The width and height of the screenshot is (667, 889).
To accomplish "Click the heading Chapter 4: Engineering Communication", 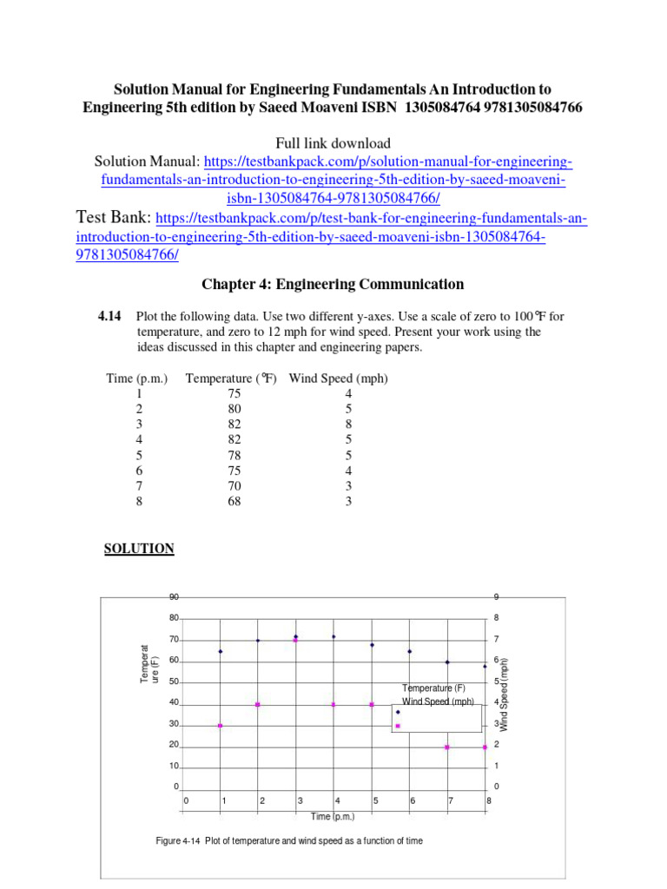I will coord(333,284).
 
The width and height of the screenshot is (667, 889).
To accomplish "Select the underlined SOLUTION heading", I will coord(139,549).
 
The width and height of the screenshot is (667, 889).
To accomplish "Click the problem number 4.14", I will coord(112,316).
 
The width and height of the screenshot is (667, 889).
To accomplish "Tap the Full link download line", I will coord(333,143).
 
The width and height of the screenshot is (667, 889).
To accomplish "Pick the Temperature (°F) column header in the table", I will coord(230,379).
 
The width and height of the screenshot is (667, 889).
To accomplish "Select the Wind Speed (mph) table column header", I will coord(338,379).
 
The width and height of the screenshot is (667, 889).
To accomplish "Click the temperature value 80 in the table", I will coord(234,409).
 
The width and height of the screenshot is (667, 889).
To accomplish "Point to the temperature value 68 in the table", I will coord(234,501).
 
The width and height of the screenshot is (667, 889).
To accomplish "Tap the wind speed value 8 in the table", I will coord(348,425).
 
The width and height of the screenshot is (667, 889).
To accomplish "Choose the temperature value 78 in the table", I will coord(234,455).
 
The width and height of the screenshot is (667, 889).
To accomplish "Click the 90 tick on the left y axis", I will coord(174,597).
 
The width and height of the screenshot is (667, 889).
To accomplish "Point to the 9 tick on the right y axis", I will coord(496,597).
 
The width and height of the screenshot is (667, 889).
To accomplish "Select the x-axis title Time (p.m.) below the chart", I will coord(333,816).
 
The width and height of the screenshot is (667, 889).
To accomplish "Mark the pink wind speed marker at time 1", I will coord(221,726).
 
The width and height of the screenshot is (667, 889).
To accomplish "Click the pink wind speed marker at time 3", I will coord(296,640).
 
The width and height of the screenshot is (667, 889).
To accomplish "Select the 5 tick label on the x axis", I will coord(375,800).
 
